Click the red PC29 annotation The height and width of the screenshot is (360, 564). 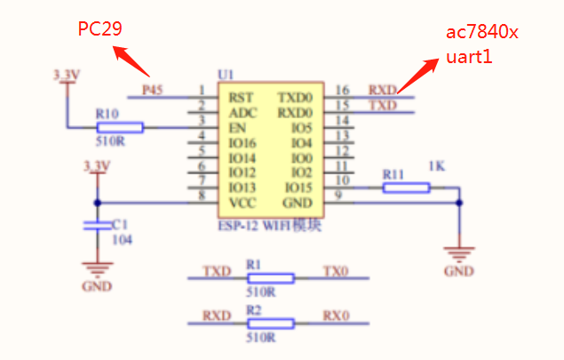click(99, 29)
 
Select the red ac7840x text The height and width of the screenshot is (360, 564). click(482, 34)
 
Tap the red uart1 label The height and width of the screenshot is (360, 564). click(470, 58)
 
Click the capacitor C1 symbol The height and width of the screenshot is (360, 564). click(97, 226)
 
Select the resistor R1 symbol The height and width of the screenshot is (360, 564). click(271, 278)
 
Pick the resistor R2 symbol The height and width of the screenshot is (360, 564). click(271, 324)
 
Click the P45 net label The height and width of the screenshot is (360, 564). click(153, 90)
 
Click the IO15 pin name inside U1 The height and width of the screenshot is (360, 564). click(298, 188)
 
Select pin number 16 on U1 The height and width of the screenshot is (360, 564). click(343, 90)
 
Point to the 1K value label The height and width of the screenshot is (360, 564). click(436, 166)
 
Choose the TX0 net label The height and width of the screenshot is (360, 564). click(336, 270)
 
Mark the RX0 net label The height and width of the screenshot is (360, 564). click(336, 316)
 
